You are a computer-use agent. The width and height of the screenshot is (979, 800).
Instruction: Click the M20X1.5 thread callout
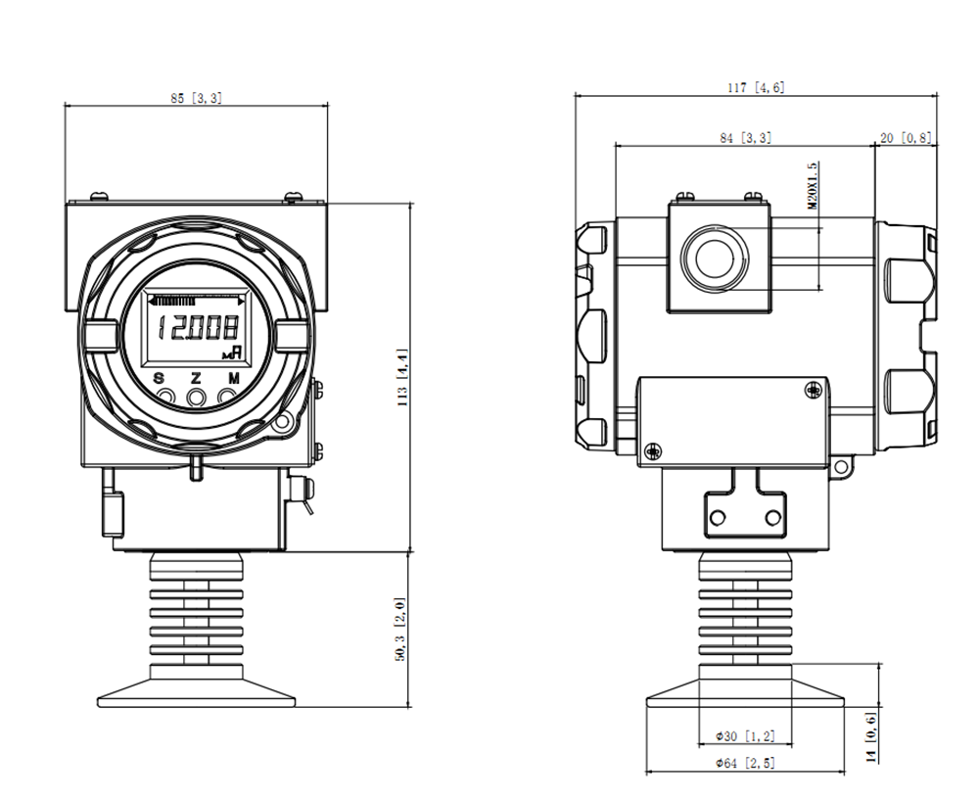[x=813, y=185]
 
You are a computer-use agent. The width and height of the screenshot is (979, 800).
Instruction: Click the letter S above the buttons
[x=160, y=378]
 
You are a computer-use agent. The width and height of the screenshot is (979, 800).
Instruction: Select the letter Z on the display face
[x=196, y=378]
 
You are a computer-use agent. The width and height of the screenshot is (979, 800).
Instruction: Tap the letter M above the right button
[x=234, y=378]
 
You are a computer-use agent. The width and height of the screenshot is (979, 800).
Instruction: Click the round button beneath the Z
[x=197, y=397]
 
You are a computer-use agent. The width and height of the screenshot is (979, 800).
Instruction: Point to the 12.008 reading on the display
[x=198, y=327]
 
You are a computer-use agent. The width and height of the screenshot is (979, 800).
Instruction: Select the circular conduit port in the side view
[x=715, y=258]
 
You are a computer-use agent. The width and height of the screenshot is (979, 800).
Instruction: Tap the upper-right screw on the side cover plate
[x=813, y=391]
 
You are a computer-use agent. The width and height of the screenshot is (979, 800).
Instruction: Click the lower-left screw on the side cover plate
[x=654, y=450]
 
